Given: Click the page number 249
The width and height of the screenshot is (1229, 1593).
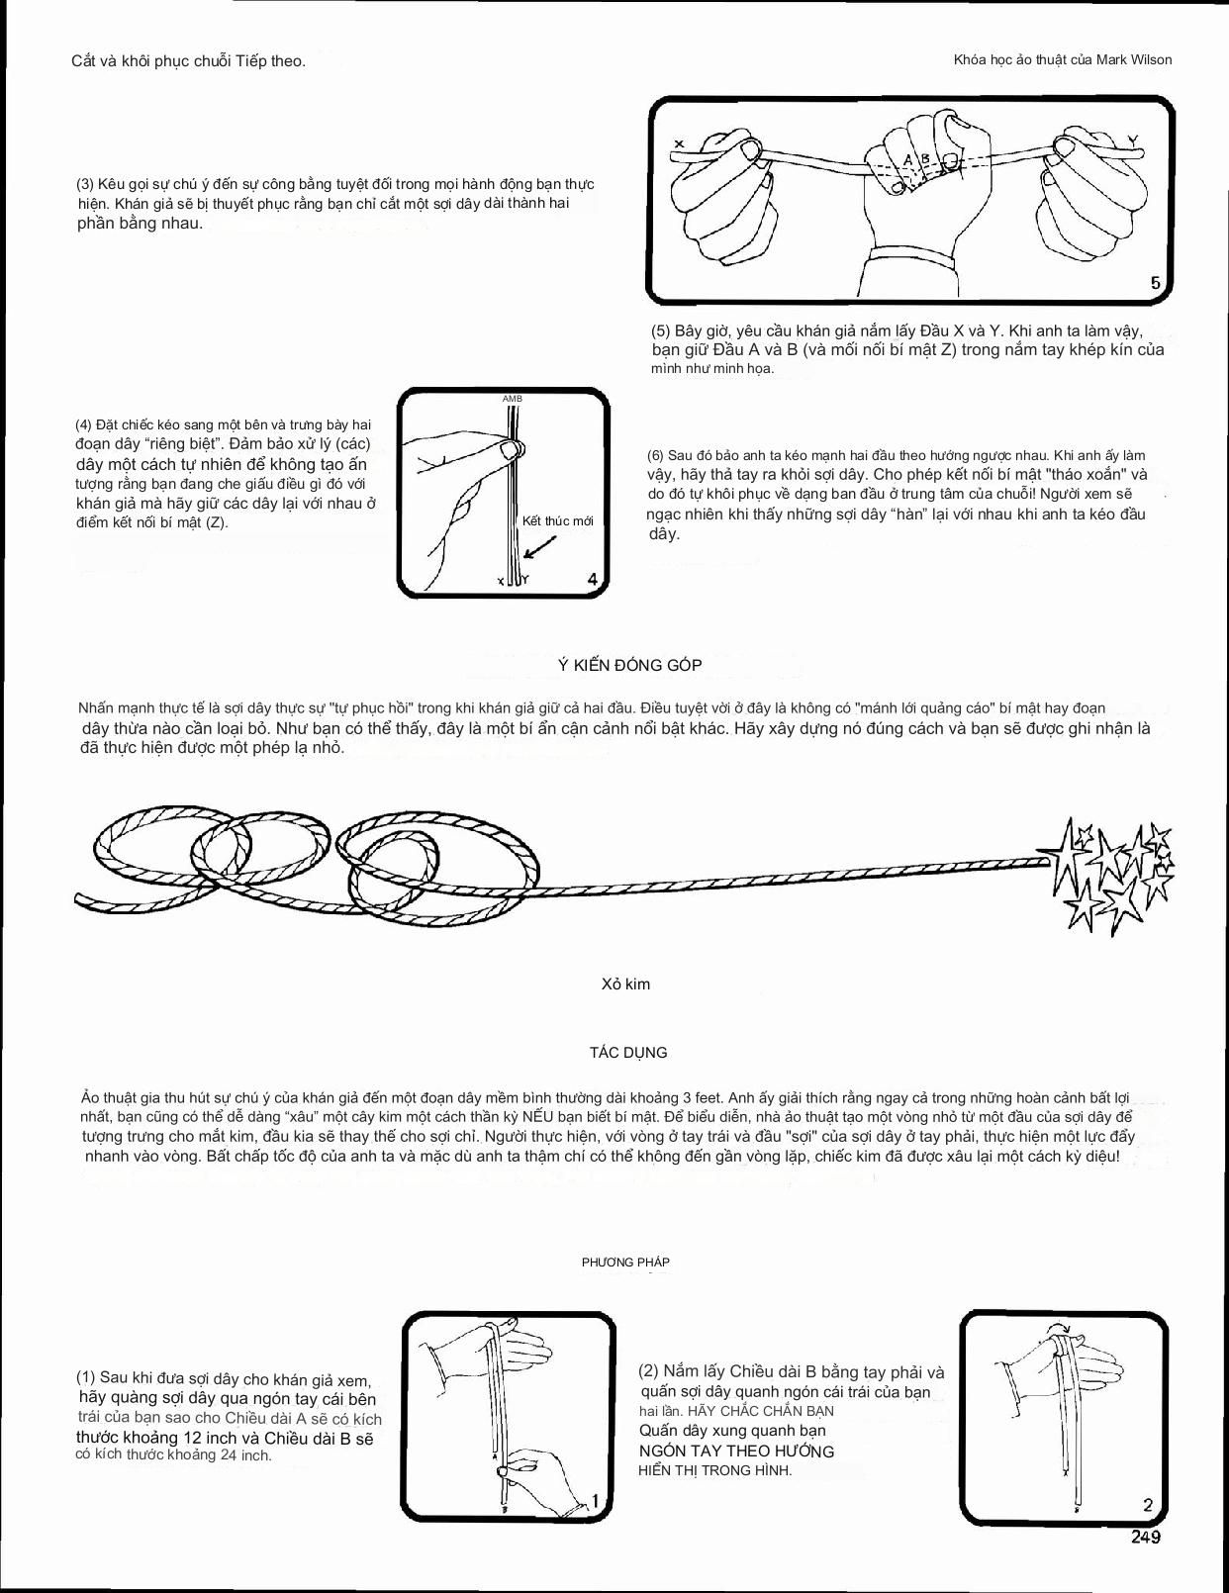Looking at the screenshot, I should pos(1146,1537).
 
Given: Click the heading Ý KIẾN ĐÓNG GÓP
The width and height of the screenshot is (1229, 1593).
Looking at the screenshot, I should pos(629,665).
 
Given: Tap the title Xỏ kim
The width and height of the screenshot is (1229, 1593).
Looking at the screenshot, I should pos(625,984).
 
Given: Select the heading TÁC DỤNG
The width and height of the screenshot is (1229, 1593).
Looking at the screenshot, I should pos(628,1052).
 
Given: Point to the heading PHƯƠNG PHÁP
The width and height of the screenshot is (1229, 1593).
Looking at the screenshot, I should pos(625,1262).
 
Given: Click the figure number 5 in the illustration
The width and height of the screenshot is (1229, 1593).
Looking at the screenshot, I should pos(1155,284).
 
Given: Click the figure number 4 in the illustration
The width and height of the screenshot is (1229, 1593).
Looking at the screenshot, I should pos(592,579).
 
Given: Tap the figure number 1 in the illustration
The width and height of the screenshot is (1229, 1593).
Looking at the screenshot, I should pos(596,1502).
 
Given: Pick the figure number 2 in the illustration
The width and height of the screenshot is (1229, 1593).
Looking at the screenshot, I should pos(1148,1505).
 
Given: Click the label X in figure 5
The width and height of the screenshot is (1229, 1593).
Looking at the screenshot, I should pos(679,144).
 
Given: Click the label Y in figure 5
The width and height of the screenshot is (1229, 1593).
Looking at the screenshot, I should pos(1132,140).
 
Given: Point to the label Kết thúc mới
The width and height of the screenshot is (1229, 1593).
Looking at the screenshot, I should pos(557,520).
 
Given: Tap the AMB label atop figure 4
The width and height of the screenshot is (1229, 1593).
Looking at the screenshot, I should pos(513,399).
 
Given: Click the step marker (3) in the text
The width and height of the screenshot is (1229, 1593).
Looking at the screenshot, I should pos(85,184).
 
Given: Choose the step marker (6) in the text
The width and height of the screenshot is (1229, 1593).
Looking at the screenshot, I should pos(655,455).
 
